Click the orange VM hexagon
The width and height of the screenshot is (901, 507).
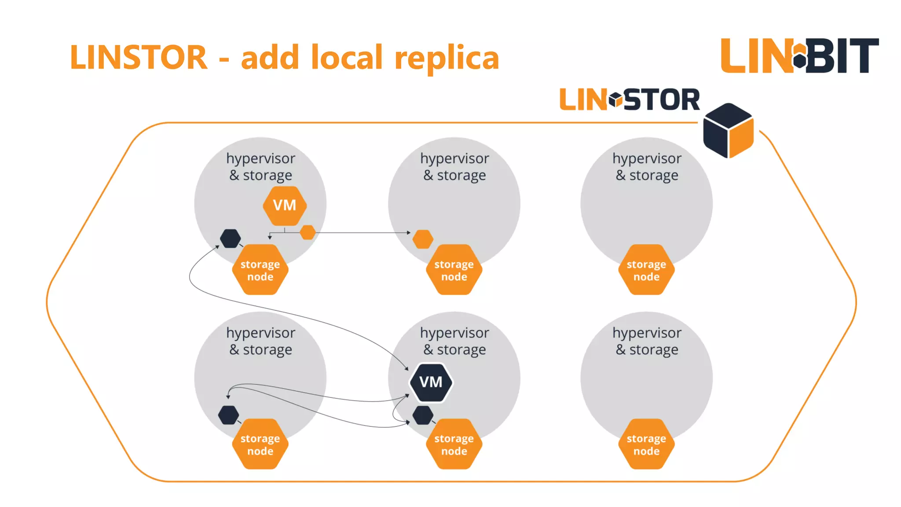285,206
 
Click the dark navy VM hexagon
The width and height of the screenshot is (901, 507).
431,382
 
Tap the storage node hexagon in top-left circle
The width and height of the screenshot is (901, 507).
260,270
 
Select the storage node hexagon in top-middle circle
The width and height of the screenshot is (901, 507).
454,270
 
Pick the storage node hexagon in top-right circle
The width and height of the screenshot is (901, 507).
646,270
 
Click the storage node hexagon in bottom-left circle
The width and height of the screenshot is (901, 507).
260,444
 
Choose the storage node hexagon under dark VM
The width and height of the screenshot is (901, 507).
454,444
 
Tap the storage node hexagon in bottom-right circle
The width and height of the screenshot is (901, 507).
646,444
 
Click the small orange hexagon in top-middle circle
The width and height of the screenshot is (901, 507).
423,239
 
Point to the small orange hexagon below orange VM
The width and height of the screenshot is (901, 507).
308,232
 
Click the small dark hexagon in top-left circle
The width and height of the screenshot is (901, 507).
230,239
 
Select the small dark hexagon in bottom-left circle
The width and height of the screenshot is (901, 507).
229,415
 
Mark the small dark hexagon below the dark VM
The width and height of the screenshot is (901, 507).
423,415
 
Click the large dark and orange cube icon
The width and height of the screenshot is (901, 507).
728,131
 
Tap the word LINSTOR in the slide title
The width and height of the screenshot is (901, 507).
139,58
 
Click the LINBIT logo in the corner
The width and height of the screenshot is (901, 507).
799,55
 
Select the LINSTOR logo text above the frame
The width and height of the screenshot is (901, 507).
629,100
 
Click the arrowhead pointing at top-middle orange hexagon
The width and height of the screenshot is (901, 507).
409,232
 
